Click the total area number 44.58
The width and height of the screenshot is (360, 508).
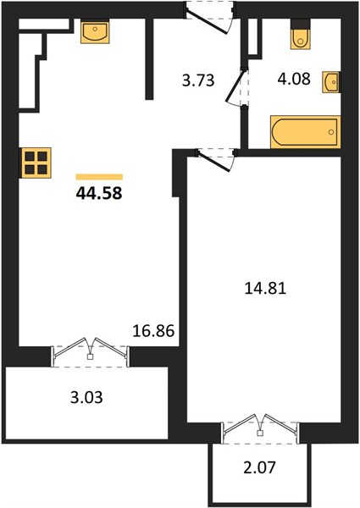click(99, 193)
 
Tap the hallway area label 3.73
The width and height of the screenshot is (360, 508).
click(198, 80)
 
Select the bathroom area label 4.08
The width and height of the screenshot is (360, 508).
click(294, 79)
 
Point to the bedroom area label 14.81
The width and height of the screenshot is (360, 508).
click(265, 288)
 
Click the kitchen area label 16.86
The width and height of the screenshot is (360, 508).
click(153, 331)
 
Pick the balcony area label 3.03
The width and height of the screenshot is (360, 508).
click(86, 397)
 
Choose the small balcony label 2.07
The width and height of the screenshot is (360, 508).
click(259, 467)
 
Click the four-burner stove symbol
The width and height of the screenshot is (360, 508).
click(36, 163)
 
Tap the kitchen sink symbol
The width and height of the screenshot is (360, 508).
click(95, 31)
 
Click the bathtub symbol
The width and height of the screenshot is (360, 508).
click(305, 132)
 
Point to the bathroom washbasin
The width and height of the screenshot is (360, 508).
click(331, 82)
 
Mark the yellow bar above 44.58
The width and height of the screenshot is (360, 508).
click(99, 177)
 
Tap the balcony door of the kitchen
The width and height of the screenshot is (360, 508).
click(90, 352)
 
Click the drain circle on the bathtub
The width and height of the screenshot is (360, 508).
click(331, 132)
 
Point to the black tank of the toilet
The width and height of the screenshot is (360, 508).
click(301, 24)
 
